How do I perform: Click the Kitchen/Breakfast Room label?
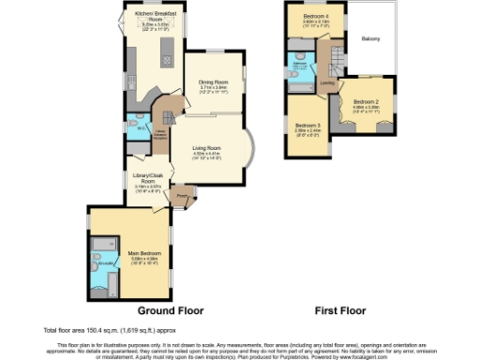(x=155, y=15)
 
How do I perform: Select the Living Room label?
(x=207, y=149)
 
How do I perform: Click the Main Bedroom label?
(x=142, y=250)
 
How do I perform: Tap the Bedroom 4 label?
(x=316, y=18)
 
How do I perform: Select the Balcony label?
(x=371, y=39)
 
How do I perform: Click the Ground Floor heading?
(x=171, y=310)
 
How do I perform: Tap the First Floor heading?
(x=339, y=310)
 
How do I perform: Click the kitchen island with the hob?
(x=167, y=52)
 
